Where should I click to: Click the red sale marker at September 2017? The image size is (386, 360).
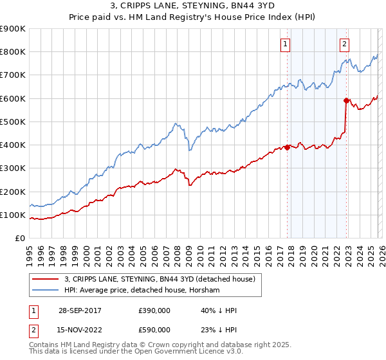287,147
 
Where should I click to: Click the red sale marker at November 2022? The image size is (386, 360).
345,100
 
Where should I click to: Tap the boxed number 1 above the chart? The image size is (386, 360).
285,44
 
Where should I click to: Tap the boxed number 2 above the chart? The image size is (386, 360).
345,44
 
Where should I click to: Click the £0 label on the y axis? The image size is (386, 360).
19,239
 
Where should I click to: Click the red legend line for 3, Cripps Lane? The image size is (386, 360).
46,279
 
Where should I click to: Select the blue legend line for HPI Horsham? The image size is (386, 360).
46,291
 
